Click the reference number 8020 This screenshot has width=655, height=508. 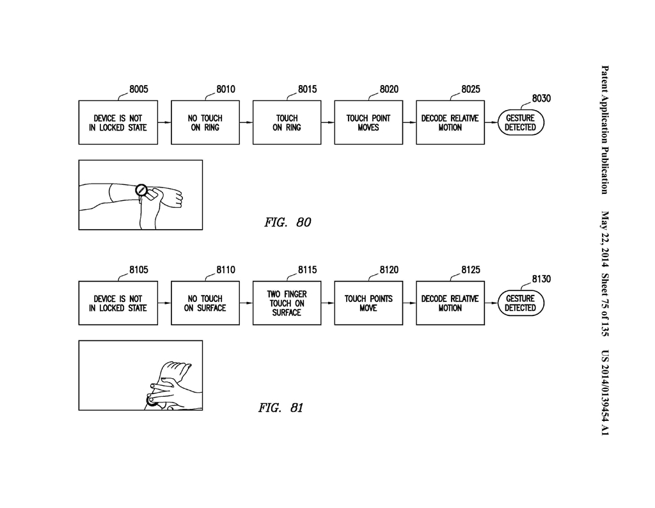[x=389, y=90]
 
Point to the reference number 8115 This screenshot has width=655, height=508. [x=307, y=270]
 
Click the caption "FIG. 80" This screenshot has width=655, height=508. [x=287, y=222]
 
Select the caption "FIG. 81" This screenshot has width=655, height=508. [x=280, y=408]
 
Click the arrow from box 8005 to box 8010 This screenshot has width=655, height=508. [x=164, y=122]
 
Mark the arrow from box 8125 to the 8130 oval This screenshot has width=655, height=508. [x=491, y=303]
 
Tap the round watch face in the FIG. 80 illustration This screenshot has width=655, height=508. [x=141, y=190]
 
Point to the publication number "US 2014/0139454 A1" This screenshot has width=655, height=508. [x=605, y=393]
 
